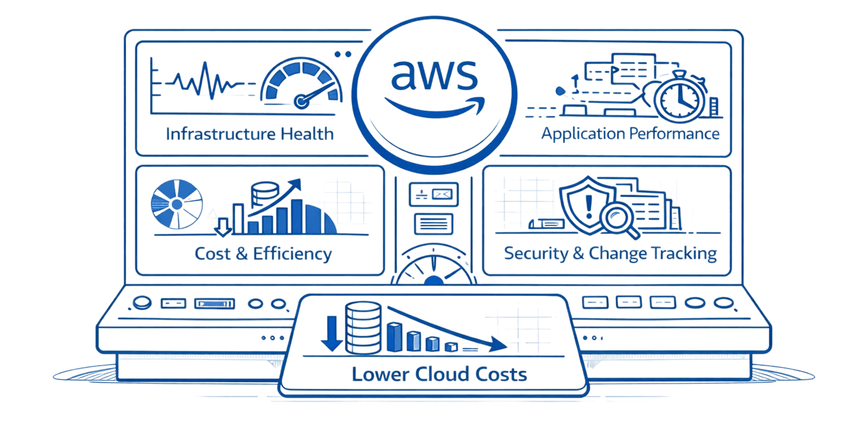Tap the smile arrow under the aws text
tap(433, 104)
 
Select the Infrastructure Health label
tap(250, 134)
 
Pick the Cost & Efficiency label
tap(263, 253)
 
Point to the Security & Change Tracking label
tap(610, 253)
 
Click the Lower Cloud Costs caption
tap(439, 374)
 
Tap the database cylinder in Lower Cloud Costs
tap(361, 327)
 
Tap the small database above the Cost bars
tap(262, 194)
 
